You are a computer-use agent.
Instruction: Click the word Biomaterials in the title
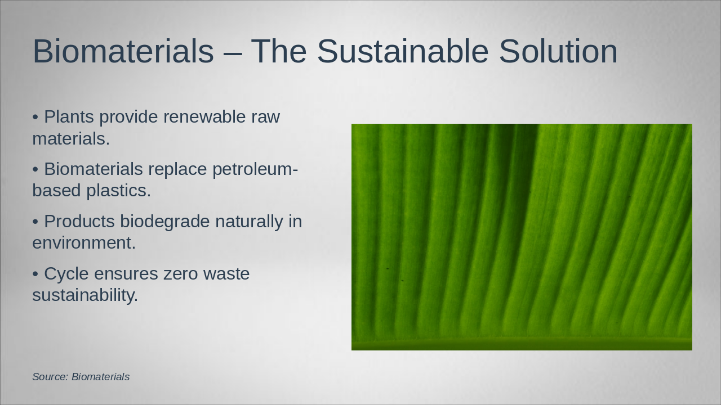[123, 51]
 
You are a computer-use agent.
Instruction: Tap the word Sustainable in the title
[403, 51]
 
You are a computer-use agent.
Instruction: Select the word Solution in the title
[558, 51]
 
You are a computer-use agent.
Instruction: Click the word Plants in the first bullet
[69, 116]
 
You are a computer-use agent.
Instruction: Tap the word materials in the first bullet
[71, 139]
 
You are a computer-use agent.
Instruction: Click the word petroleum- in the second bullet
[255, 169]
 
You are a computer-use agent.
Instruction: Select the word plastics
[118, 191]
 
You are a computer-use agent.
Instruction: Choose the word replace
[177, 169]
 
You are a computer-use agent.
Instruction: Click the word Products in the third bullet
[79, 221]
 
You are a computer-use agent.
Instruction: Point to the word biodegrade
[165, 222]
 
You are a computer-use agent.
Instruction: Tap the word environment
[84, 243]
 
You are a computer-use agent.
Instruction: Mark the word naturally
[249, 222]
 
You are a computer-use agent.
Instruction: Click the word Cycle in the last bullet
[66, 274]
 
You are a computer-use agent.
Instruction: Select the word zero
[181, 274]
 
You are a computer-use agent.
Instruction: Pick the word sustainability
[85, 295]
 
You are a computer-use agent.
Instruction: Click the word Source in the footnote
[50, 377]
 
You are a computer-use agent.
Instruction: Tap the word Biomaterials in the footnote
[100, 377]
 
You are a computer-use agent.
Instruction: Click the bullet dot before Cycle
[35, 274]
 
